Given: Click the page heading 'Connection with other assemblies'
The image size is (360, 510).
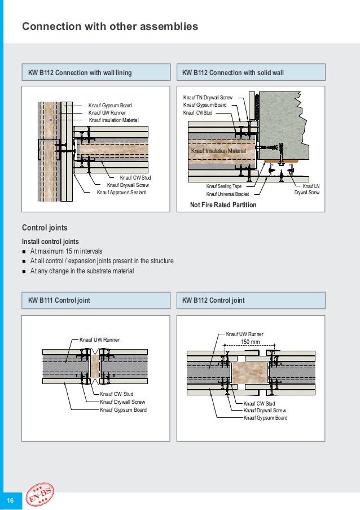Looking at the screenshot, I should coord(109,26).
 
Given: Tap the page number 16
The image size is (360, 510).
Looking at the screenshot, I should coord(10,500).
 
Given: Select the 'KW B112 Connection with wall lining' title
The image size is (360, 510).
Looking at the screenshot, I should coord(80,72).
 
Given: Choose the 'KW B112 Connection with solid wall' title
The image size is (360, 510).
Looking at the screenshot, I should coord(233,72).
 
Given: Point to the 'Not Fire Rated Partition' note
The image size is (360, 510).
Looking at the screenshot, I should coord(223,205).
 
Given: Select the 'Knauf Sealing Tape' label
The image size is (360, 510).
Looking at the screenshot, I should coord(223,186).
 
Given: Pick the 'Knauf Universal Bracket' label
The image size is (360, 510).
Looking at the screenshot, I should coord(227,194).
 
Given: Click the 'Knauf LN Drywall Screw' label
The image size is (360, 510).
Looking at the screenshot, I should coord(307,189).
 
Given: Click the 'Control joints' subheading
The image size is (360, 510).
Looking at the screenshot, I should coord(45,228).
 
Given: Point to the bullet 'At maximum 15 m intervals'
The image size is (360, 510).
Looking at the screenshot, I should coord(67,251).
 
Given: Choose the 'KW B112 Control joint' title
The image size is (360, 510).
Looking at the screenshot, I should coord(214,300).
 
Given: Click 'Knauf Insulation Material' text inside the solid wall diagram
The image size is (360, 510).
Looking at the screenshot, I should coord(218,151).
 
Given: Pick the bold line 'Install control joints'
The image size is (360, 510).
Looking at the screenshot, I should coord(50,242).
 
